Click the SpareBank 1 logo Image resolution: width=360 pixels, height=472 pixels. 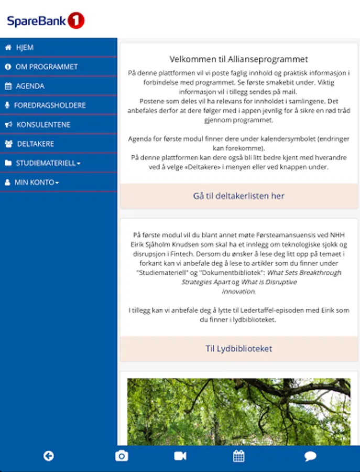(x=46, y=21)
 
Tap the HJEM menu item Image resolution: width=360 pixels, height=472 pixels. (x=25, y=48)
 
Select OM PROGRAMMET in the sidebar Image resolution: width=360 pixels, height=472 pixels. (x=46, y=67)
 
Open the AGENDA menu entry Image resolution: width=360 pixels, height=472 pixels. (x=30, y=86)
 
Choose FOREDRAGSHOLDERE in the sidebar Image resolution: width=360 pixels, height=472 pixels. (x=50, y=105)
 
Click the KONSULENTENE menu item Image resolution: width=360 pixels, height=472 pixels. (x=43, y=125)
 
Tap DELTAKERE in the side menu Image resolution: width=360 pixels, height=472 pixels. (x=35, y=144)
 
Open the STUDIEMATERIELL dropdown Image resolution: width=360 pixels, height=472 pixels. (x=48, y=163)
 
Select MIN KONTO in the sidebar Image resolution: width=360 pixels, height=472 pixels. (x=37, y=183)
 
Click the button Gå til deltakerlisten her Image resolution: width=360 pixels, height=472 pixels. (x=238, y=196)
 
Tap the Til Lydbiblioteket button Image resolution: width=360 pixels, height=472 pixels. (x=238, y=349)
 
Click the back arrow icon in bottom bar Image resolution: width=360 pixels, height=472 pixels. (x=49, y=456)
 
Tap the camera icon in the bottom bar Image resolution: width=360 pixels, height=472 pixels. (x=122, y=456)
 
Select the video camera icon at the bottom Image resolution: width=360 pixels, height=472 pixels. (x=180, y=456)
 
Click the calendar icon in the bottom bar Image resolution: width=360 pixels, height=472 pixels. (x=239, y=456)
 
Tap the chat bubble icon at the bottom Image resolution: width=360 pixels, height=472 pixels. (x=310, y=456)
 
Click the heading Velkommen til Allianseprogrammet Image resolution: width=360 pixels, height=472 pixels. (x=238, y=59)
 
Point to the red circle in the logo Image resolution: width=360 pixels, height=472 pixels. (x=76, y=21)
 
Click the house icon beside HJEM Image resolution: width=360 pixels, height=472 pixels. (x=8, y=48)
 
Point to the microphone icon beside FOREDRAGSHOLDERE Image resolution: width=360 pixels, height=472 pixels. (x=7, y=105)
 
